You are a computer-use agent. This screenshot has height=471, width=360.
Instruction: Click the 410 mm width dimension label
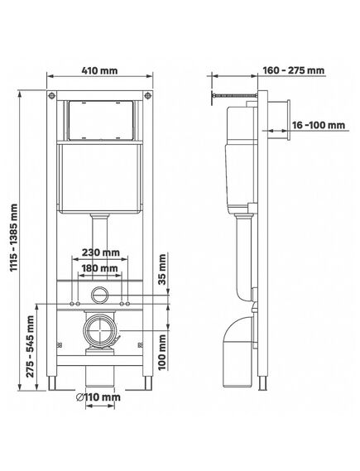(x=99, y=70)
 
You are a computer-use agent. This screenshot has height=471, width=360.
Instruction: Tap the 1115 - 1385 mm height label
(x=14, y=238)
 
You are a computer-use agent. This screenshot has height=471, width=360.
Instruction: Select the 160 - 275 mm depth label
(x=294, y=70)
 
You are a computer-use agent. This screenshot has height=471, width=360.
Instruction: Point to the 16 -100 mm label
(x=319, y=125)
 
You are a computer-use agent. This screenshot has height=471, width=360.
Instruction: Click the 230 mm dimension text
(x=101, y=252)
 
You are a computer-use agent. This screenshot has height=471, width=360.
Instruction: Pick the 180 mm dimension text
(x=99, y=267)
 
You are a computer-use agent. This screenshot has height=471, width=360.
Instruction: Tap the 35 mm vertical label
(x=162, y=270)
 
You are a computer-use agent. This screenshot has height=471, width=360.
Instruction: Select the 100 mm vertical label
(x=162, y=352)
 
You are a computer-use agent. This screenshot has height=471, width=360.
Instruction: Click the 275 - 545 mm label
(x=30, y=346)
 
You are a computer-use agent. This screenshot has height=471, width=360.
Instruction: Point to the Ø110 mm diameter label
(x=98, y=397)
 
